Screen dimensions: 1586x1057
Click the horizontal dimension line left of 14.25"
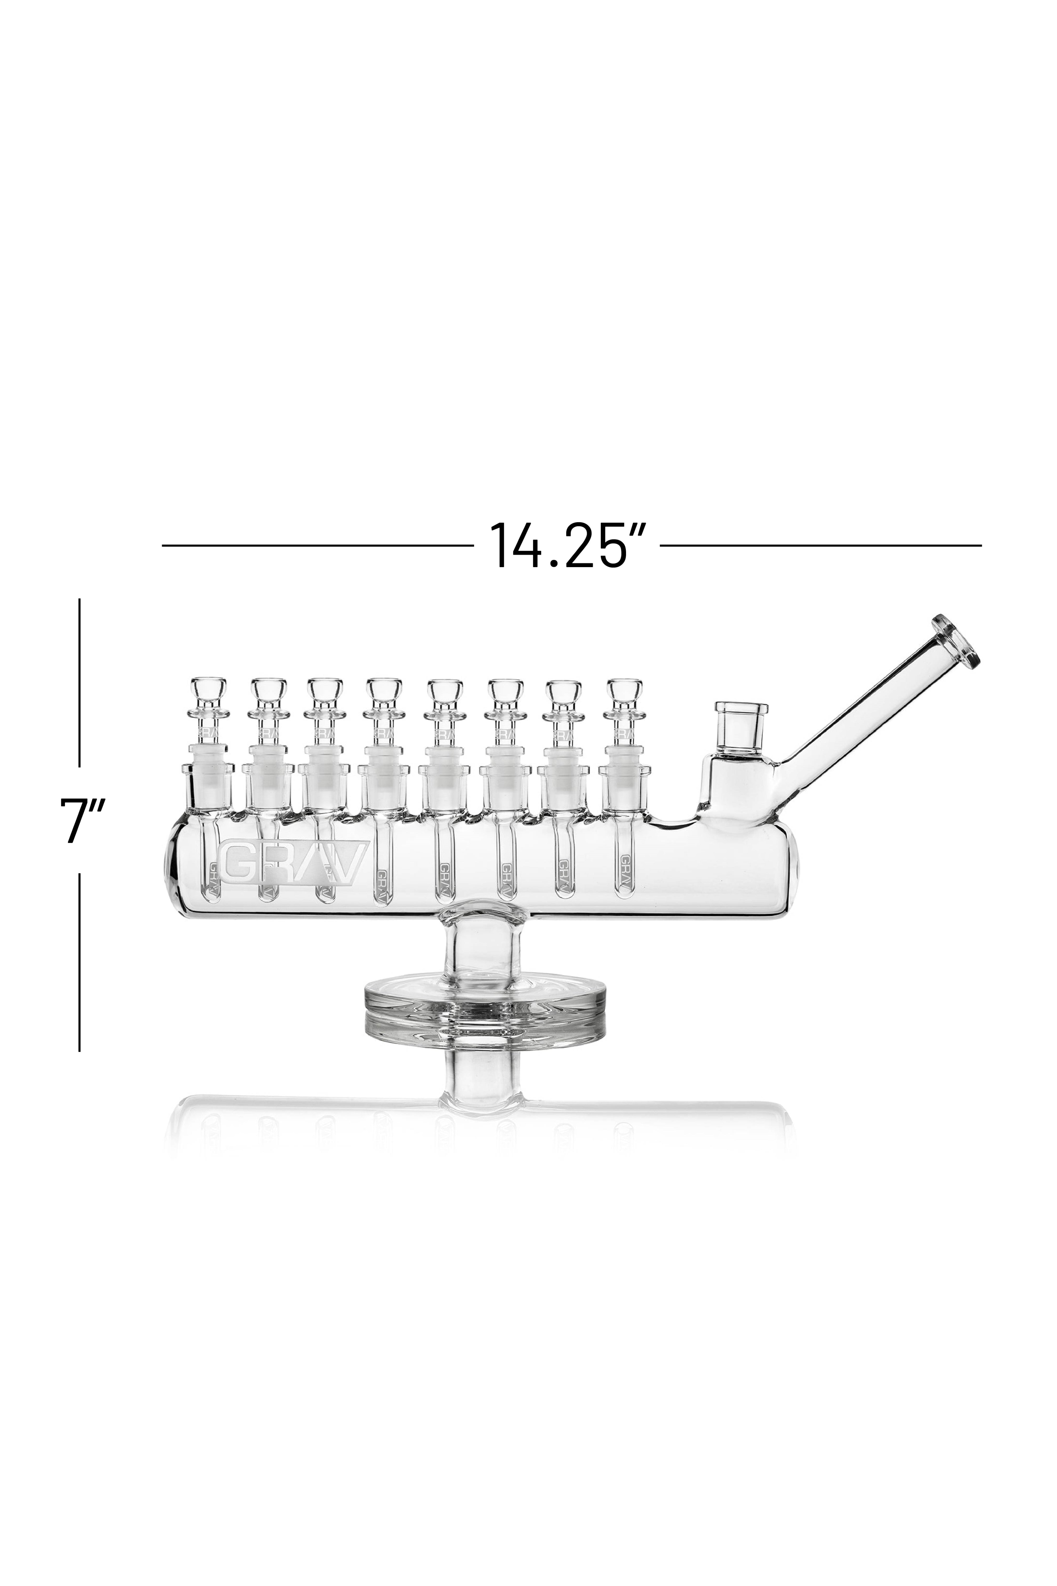point(317,545)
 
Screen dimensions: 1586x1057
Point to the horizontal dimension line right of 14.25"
point(820,545)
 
